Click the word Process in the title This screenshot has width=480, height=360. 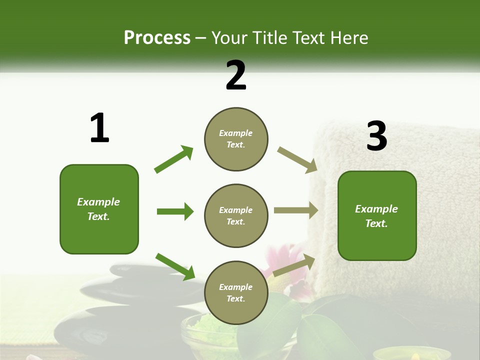[x=157, y=37]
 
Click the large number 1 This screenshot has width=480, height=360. [x=99, y=128]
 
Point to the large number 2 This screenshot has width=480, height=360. [x=236, y=75]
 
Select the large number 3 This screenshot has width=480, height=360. [x=376, y=136]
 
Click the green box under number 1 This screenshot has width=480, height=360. [x=99, y=209]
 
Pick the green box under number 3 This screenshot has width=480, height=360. [x=377, y=215]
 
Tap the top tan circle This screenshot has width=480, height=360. [x=236, y=139]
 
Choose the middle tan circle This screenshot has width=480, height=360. [x=236, y=215]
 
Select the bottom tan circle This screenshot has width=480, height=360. [x=236, y=292]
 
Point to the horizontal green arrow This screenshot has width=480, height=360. [x=175, y=211]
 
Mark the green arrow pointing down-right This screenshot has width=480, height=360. [x=175, y=266]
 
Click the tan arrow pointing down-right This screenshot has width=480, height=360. [x=297, y=160]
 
